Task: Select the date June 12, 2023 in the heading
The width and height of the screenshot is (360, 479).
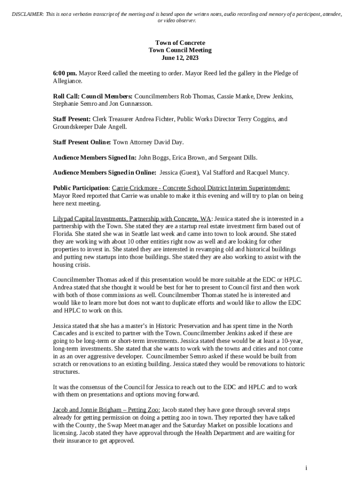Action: (x=180, y=58)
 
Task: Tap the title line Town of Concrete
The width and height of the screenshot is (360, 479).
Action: (x=180, y=43)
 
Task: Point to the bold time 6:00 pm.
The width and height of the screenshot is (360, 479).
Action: (x=65, y=73)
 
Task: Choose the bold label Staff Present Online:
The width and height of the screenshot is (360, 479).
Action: (x=82, y=142)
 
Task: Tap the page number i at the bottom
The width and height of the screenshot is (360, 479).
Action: (x=306, y=468)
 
